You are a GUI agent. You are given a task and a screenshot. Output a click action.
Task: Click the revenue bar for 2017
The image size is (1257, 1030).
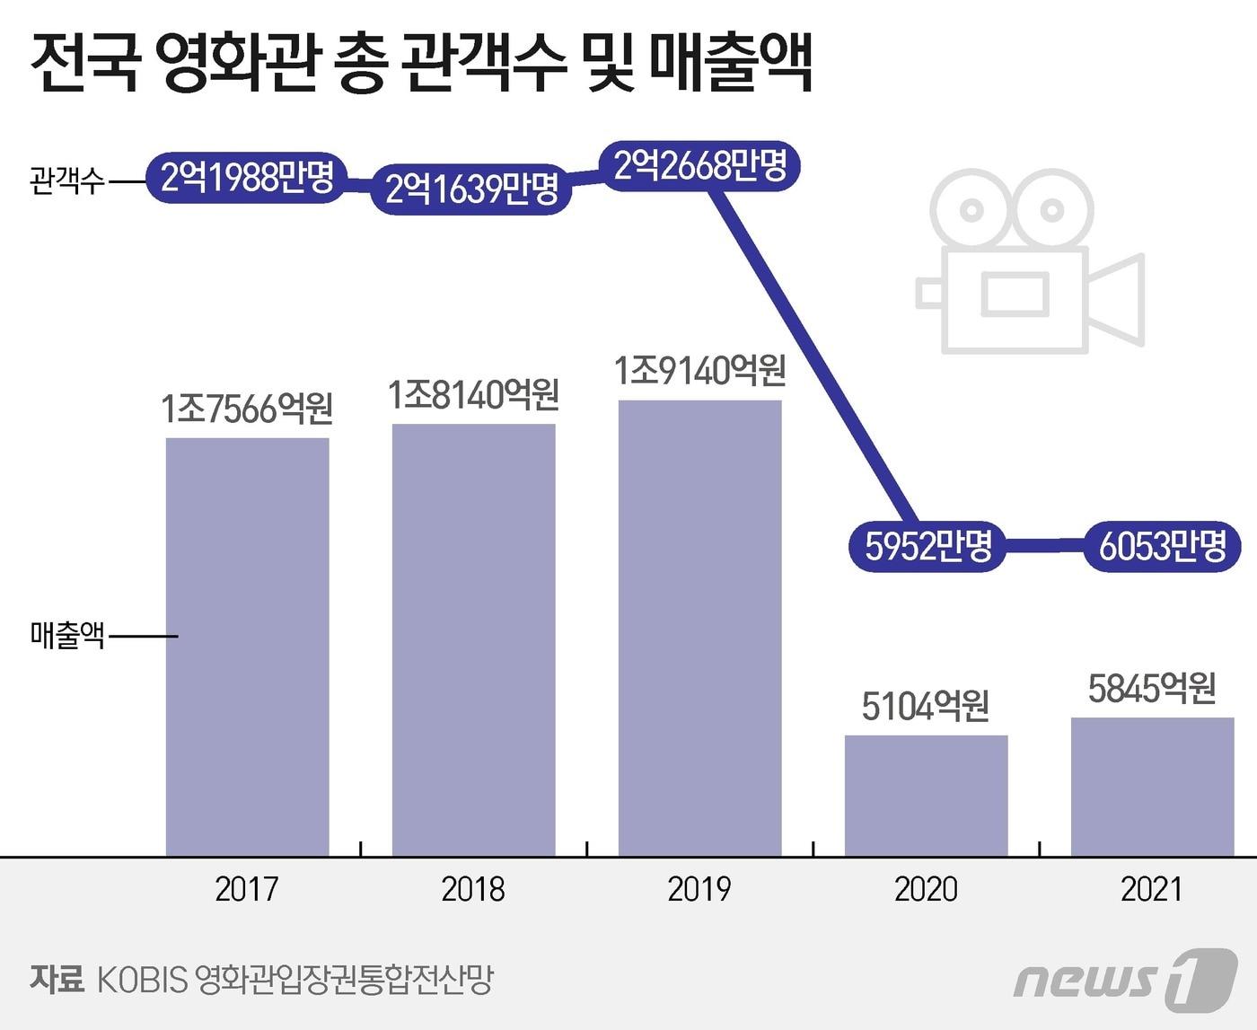pos(247,647)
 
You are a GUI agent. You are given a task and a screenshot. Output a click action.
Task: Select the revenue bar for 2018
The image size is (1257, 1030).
pos(473,639)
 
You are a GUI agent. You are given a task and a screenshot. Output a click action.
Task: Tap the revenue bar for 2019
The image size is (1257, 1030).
pos(699,628)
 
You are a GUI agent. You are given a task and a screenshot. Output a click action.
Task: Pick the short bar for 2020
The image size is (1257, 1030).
pos(926,796)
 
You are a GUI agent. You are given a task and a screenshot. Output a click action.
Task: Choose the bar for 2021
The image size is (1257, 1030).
pos(1152,787)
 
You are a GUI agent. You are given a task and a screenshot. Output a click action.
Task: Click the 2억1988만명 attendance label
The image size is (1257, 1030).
pos(247,177)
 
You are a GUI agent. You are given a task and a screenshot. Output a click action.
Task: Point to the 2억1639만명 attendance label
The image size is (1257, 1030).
pos(472,189)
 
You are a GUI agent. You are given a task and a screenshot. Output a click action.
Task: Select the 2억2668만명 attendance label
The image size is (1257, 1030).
pos(699,165)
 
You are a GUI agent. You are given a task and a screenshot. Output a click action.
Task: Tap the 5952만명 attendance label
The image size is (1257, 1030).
pos(927,545)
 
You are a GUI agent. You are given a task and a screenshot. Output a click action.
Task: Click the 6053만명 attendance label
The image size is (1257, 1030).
pos(1162,545)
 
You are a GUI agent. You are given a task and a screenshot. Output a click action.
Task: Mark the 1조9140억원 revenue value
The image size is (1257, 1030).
pos(699,370)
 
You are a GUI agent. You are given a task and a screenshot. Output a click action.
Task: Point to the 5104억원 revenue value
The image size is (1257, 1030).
pos(926,706)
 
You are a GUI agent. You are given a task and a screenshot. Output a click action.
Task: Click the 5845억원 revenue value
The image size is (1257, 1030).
pos(1152,689)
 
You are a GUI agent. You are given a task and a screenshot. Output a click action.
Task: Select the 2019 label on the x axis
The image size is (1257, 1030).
pos(699,889)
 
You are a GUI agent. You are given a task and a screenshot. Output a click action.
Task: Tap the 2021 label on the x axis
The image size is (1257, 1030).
pos(1152,889)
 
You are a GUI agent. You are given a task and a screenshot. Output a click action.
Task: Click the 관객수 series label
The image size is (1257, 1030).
pos(67,180)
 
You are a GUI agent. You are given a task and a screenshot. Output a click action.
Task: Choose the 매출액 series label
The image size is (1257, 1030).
pos(67,636)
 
